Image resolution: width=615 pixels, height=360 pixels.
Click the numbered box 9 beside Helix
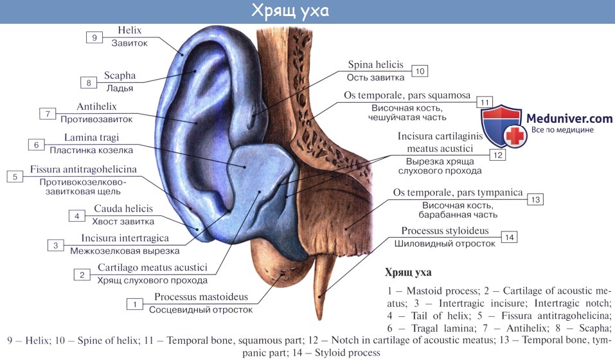[94, 38]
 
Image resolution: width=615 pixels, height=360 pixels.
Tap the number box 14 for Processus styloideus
[510, 238]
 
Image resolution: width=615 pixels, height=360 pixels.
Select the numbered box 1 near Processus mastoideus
[135, 303]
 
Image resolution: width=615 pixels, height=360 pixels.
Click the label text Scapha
[120, 75]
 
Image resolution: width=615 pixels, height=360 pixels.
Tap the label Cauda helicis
[123, 209]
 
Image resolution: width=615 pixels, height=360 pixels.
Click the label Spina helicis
[375, 65]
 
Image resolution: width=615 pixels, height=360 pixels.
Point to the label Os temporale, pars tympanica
[457, 192]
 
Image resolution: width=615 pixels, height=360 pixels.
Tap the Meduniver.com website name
[569, 118]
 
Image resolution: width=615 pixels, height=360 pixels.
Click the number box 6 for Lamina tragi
[37, 145]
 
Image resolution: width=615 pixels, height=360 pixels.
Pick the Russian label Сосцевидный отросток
[201, 309]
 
